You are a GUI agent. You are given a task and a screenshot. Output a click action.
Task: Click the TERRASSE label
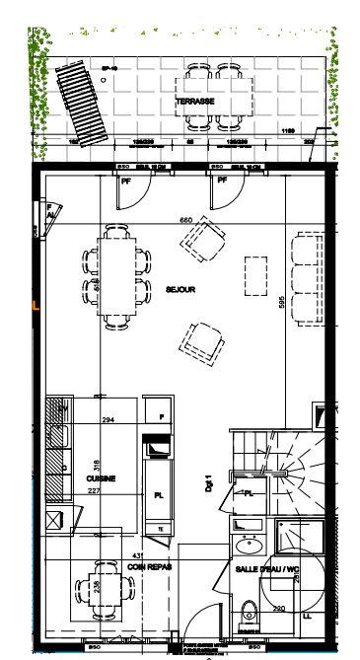pos(196,102)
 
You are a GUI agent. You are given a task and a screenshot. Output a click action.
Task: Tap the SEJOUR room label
pos(180,290)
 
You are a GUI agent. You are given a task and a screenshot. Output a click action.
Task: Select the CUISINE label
pos(101,478)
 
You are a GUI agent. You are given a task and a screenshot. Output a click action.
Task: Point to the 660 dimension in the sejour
pos(184,219)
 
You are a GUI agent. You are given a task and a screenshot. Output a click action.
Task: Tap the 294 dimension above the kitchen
pos(108,420)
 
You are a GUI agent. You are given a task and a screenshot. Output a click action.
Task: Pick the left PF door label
pos(126,181)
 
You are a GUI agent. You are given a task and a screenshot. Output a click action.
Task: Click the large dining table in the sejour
pos(118,276)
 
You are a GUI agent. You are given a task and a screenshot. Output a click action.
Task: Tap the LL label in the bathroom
pos(309,617)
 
